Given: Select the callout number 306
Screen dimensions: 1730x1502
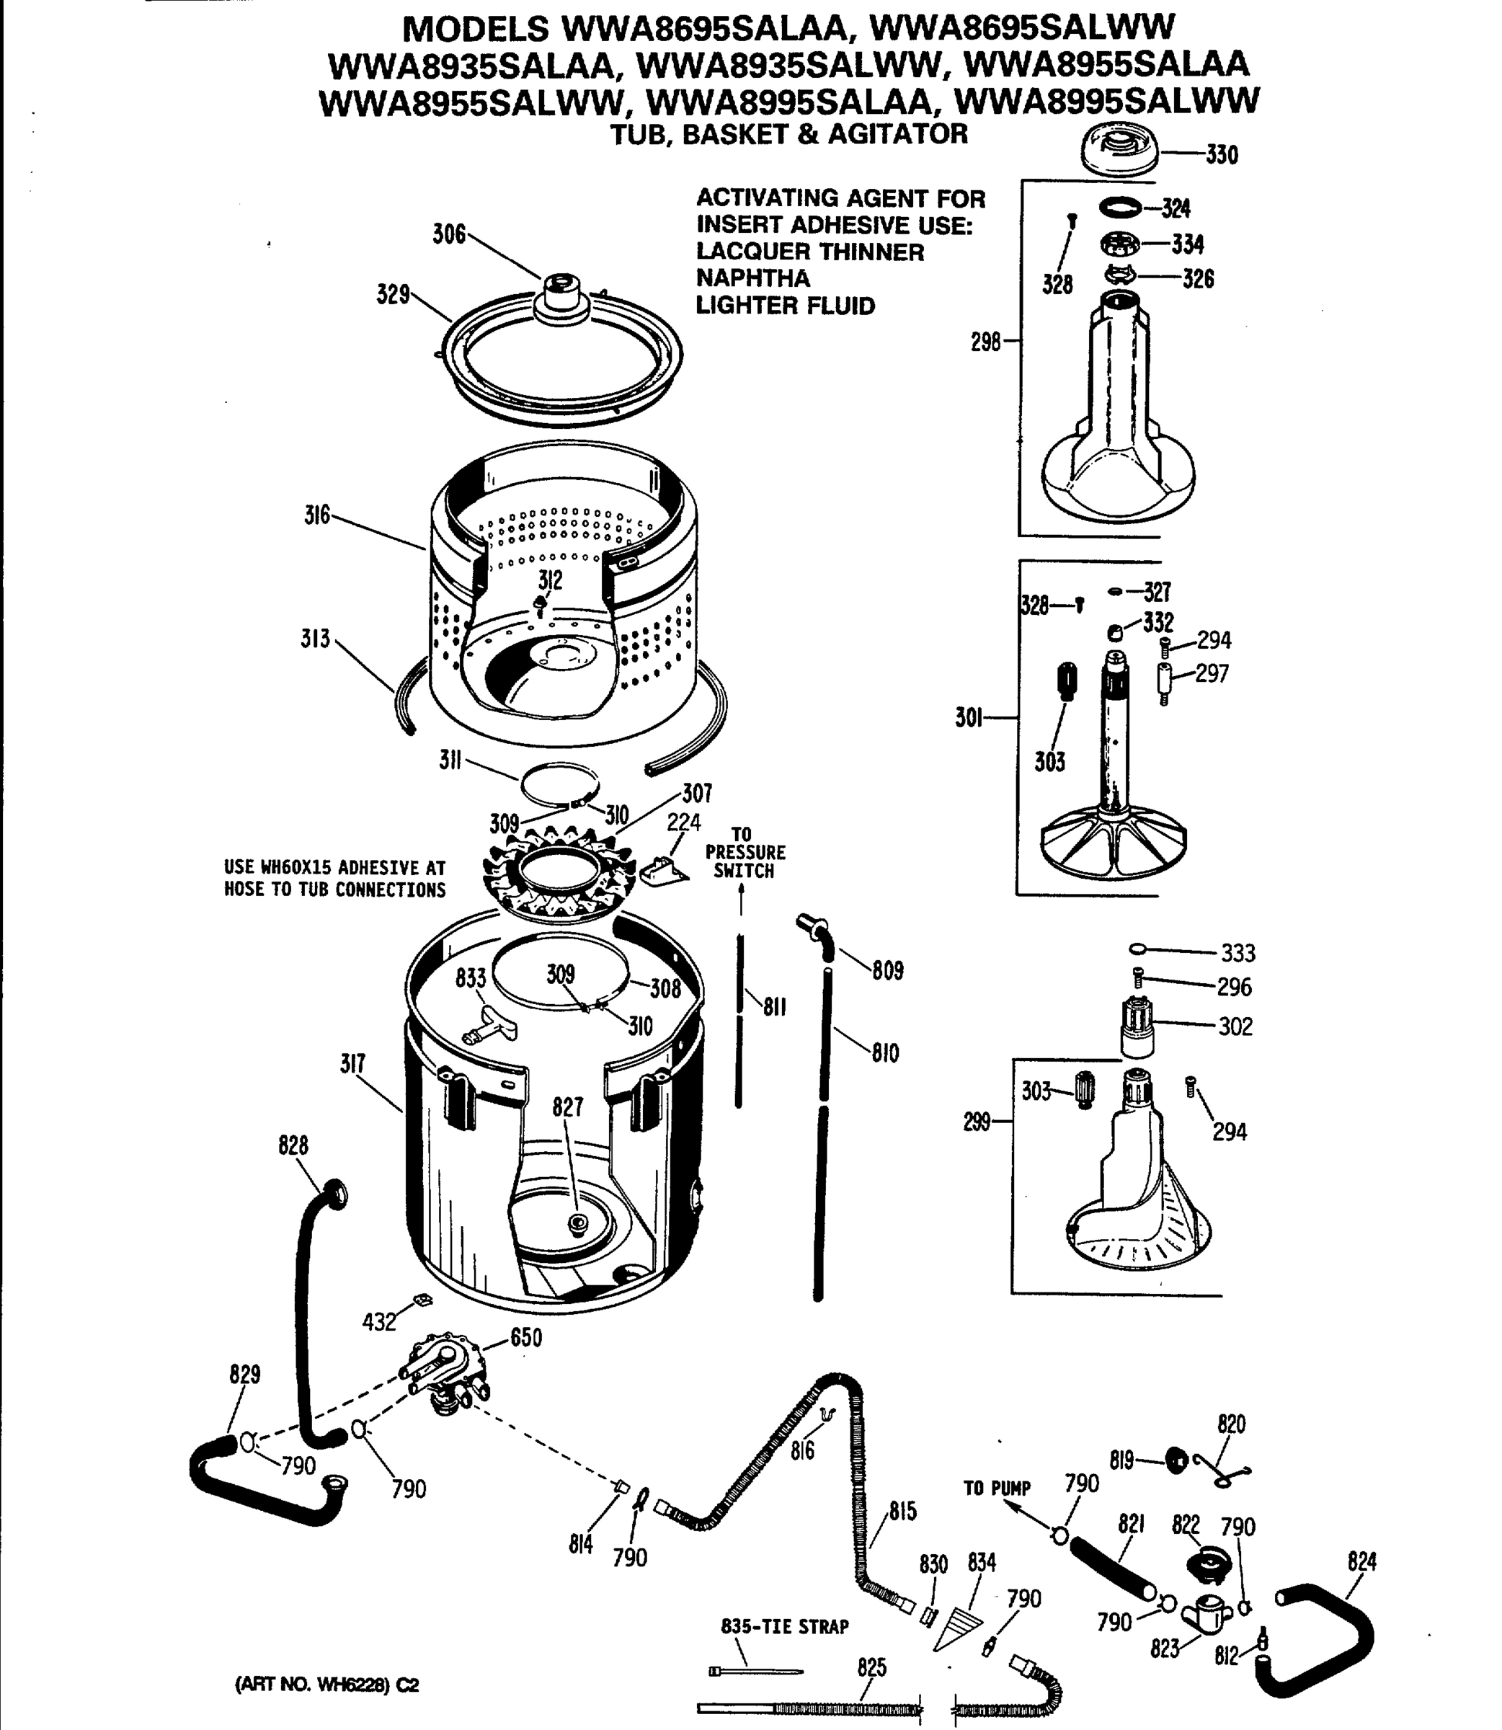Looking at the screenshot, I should tap(448, 234).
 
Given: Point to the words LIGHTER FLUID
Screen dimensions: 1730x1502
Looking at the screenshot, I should tap(785, 306).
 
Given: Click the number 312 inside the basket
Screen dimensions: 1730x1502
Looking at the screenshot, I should tap(550, 580).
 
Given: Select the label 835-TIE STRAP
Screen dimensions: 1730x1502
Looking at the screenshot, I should tap(785, 1627).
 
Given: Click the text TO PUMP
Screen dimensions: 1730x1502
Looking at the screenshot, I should tap(997, 1489).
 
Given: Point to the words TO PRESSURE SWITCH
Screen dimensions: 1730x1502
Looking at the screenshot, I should tap(745, 853).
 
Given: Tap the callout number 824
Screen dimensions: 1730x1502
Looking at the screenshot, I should tap(1362, 1561).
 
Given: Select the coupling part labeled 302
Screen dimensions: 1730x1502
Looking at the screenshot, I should tap(1137, 1029).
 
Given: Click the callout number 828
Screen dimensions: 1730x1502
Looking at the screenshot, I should tap(293, 1145).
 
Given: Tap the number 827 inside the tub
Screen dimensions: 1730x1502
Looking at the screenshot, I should tap(567, 1107).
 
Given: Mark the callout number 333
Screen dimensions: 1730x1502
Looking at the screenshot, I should tap(1237, 953).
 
